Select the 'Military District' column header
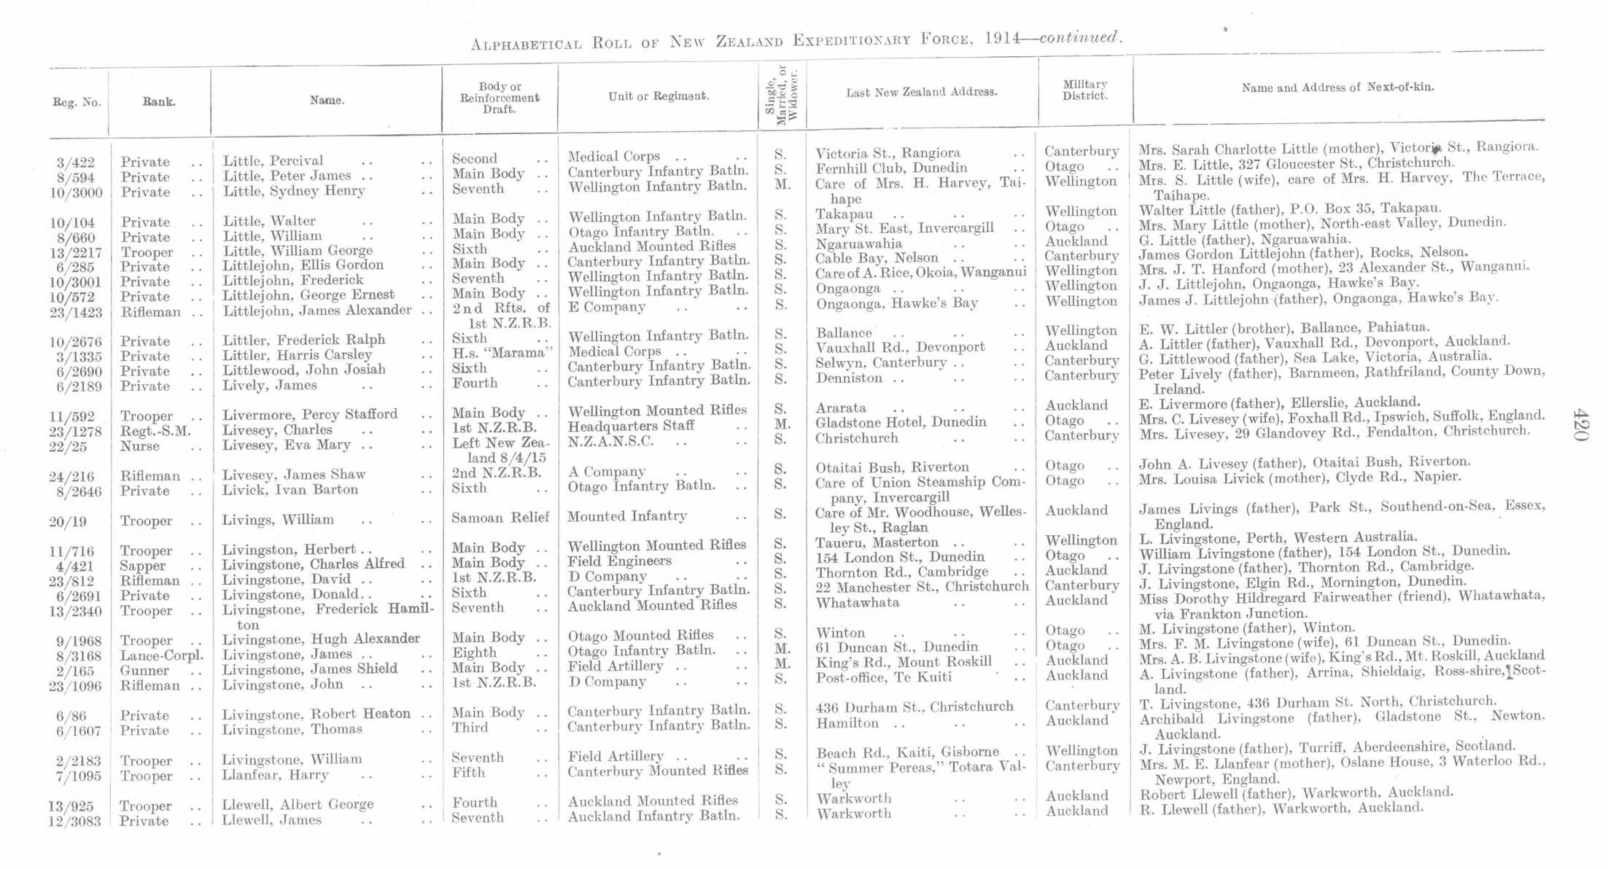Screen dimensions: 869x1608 tap(1084, 90)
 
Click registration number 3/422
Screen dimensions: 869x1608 tap(76, 163)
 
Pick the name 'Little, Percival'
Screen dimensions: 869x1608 tap(273, 161)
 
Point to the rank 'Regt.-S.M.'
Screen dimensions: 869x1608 tap(155, 431)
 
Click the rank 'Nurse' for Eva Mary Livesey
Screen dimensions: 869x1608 tap(139, 446)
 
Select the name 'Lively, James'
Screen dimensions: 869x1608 tap(270, 385)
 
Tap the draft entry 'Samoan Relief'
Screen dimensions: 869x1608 tap(500, 518)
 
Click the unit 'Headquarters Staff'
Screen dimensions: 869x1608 tap(631, 426)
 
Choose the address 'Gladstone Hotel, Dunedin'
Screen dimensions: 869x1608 tap(901, 423)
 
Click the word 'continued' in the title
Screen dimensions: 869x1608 tap(1079, 37)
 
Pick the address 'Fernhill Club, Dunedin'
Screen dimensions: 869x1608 tap(891, 168)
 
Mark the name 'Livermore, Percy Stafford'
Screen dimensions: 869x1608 tap(310, 415)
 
